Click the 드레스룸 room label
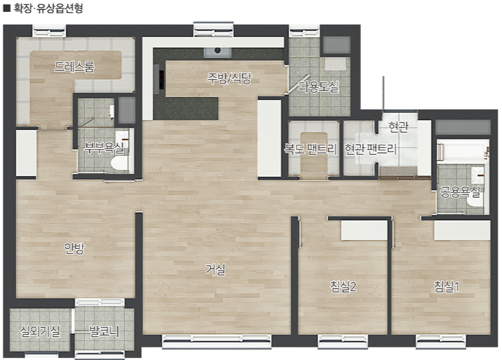pyautogui.click(x=74, y=67)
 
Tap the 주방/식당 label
pyautogui.click(x=229, y=78)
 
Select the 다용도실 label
pyautogui.click(x=318, y=86)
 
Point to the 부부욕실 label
pyautogui.click(x=104, y=147)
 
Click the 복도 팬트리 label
pyautogui.click(x=310, y=148)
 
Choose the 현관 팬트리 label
pyautogui.click(x=370, y=148)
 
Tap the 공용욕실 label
pyautogui.click(x=460, y=192)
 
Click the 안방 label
pyautogui.click(x=74, y=248)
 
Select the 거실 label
pyautogui.click(x=215, y=270)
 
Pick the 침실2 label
pyautogui.click(x=343, y=286)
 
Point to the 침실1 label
pyautogui.click(x=446, y=286)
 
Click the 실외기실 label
pyautogui.click(x=40, y=331)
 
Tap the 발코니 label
pyautogui.click(x=104, y=331)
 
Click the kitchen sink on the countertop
pyautogui.click(x=218, y=52)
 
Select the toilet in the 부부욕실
pyautogui.click(x=119, y=163)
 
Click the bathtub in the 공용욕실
pyautogui.click(x=463, y=152)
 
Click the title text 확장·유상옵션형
pyautogui.click(x=48, y=7)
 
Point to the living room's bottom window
pyautogui.click(x=217, y=341)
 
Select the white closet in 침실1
pyautogui.click(x=462, y=230)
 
